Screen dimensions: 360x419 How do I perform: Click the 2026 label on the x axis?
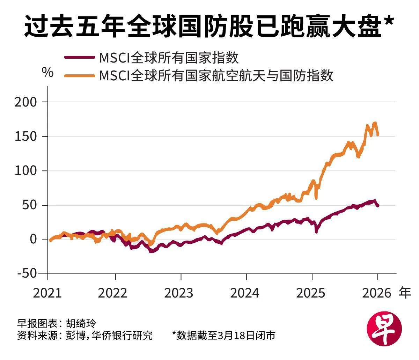377,293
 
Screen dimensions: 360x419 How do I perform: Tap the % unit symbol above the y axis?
47,72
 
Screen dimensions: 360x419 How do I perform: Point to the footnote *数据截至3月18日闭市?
223,336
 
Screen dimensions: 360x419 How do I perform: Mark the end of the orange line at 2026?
377,135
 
